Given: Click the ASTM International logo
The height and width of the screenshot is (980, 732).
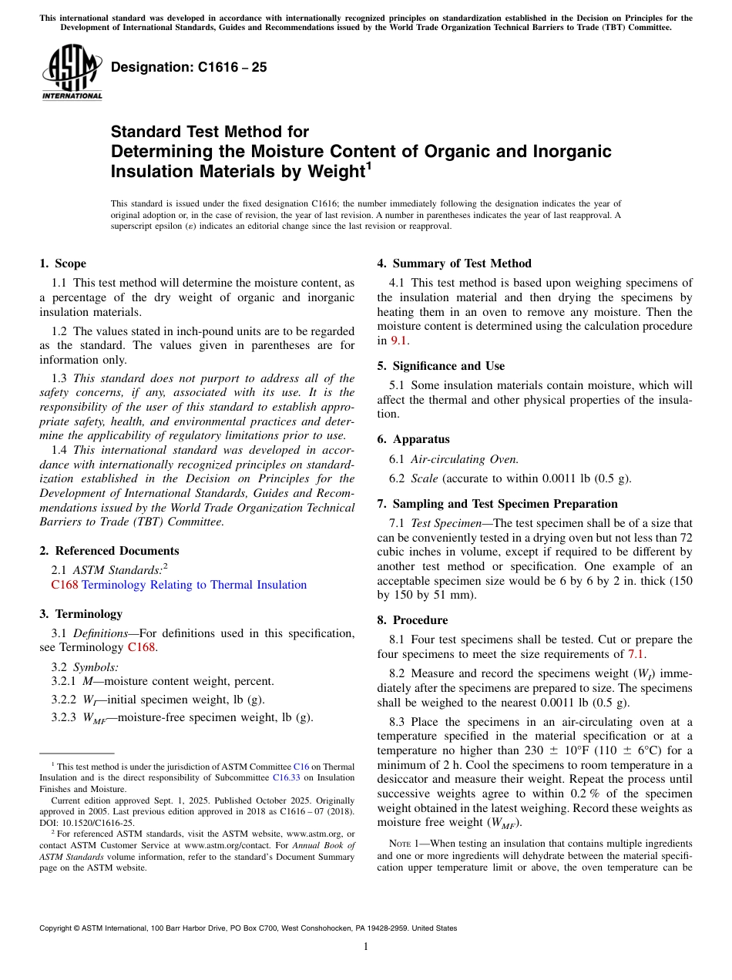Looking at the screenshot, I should click(x=72, y=72).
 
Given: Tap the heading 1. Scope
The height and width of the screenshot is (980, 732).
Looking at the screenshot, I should click(x=63, y=263).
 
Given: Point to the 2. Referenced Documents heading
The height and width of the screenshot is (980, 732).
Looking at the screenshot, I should click(x=109, y=551).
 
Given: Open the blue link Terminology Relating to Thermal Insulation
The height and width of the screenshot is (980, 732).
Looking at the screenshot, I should click(x=194, y=585).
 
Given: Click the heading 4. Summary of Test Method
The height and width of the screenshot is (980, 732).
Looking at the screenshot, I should click(x=454, y=263).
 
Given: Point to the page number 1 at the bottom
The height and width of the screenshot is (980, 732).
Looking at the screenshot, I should click(x=366, y=947).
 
